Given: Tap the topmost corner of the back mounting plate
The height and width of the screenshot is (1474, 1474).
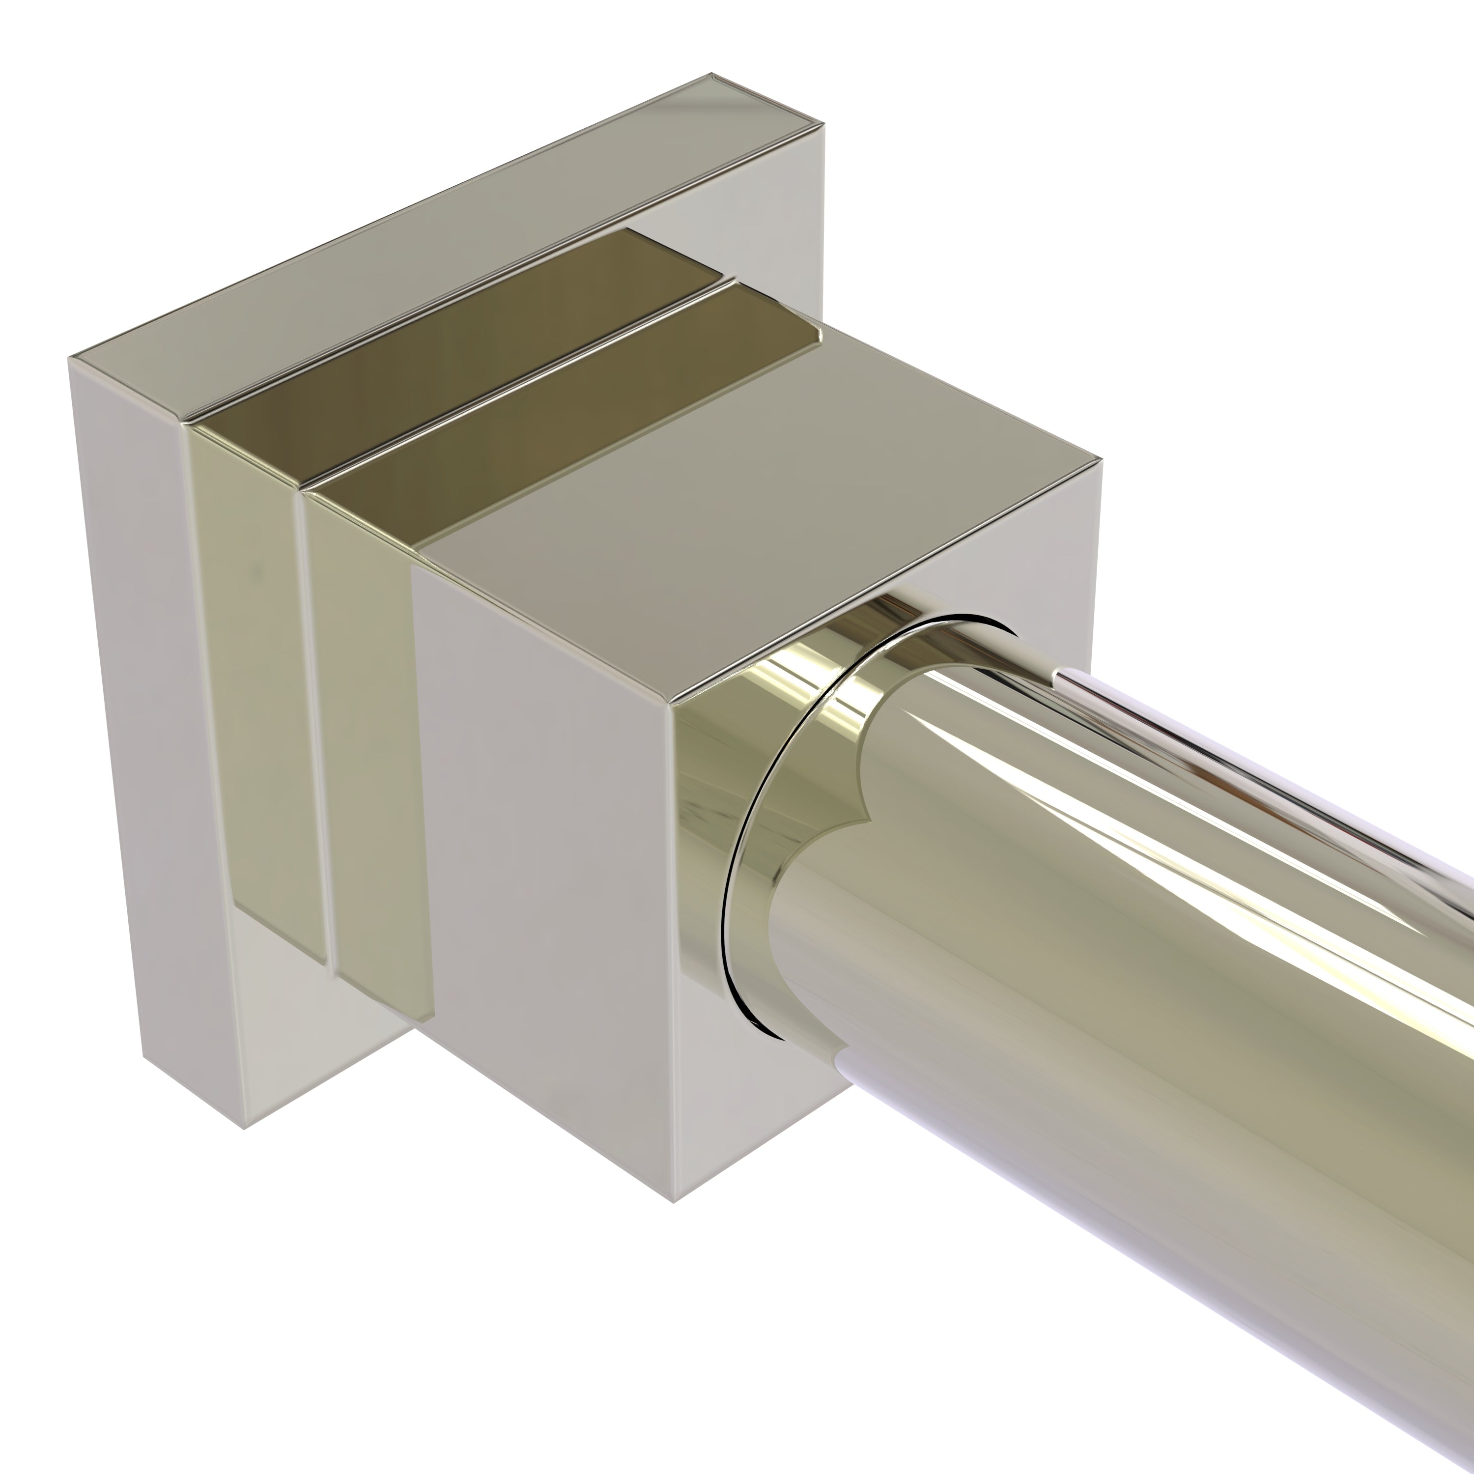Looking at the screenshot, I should tap(712, 74).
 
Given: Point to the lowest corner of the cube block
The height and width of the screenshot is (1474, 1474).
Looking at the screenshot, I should tap(673, 1202).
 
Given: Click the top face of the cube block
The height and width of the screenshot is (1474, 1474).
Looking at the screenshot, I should tap(763, 519).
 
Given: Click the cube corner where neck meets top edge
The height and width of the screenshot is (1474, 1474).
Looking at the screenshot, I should tap(671, 703).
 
